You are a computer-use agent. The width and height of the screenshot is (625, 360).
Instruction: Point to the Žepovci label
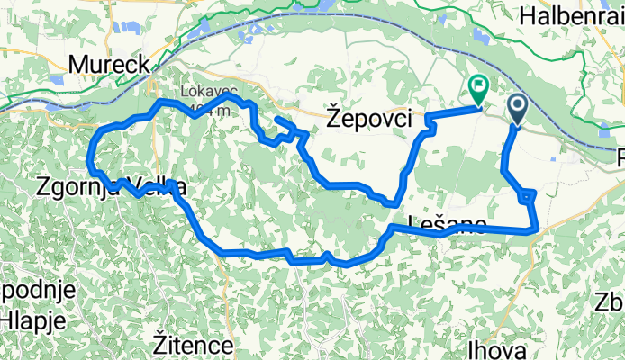368,118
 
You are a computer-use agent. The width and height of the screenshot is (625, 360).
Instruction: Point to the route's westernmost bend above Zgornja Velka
89,160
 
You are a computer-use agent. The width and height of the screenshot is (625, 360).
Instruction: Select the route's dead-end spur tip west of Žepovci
276,119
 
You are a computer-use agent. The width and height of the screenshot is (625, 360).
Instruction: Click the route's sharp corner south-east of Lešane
538,229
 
